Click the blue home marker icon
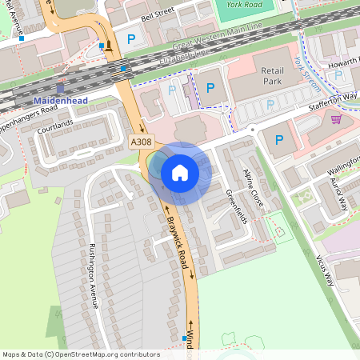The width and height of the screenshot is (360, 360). pyautogui.click(x=179, y=172)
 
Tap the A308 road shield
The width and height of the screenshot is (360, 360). pyautogui.click(x=141, y=142)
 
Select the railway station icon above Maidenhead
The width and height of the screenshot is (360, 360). pyautogui.click(x=61, y=88)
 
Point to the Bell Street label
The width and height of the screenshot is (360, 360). pyautogui.click(x=158, y=14)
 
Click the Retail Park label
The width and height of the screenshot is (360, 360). pyautogui.click(x=273, y=75)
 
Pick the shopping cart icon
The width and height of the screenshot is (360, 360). pyautogui.click(x=336, y=119)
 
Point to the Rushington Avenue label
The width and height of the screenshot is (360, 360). pyautogui.click(x=93, y=275)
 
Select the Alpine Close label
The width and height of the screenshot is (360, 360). pyautogui.click(x=254, y=186)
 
